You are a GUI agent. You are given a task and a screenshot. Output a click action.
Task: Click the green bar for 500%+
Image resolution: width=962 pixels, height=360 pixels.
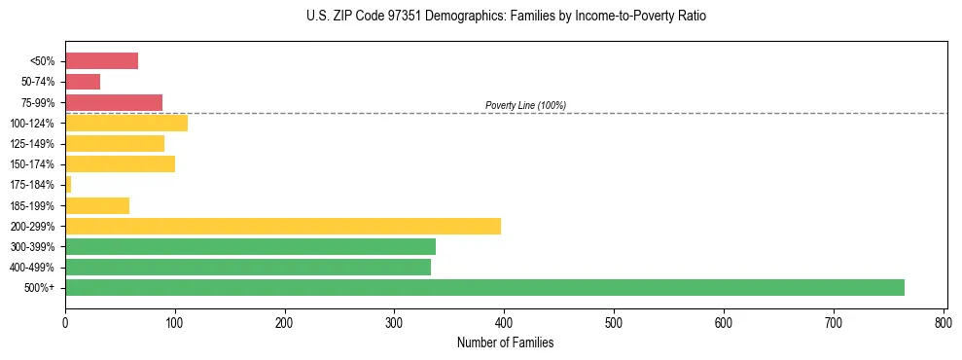[484, 287]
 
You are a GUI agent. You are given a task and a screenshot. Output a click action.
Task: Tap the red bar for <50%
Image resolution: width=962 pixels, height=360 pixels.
[101, 61]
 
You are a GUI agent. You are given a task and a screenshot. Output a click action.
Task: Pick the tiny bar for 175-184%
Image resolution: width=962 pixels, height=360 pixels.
[68, 184]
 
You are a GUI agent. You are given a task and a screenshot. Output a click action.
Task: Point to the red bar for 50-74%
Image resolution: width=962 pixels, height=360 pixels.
[83, 82]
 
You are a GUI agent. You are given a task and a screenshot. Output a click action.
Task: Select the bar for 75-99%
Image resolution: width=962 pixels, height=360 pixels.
[114, 102]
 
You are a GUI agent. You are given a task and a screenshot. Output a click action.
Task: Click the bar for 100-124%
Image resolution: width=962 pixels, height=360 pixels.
[126, 123]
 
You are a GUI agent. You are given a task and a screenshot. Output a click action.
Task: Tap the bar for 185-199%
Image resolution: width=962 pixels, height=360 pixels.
[97, 205]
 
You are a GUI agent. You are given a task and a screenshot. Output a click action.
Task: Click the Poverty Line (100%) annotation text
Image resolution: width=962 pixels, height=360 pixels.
[525, 105]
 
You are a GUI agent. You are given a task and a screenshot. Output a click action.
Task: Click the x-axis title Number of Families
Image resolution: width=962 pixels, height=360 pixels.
[505, 342]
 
